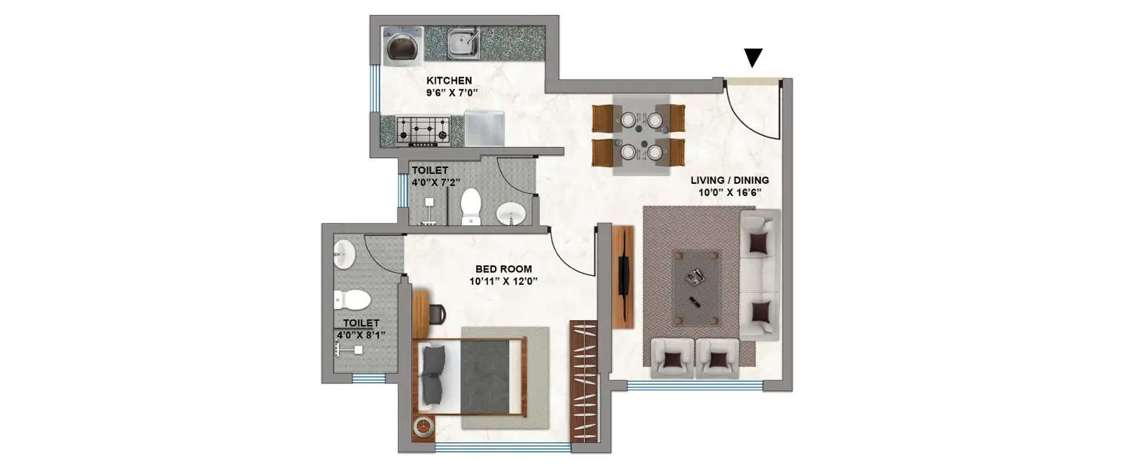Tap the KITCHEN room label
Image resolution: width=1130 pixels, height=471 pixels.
449,81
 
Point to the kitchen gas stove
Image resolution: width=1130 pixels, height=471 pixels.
423,130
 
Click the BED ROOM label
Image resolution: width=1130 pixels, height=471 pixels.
503,269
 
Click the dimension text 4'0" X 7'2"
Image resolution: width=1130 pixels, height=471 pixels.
429,182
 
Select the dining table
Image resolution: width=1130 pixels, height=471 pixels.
640,136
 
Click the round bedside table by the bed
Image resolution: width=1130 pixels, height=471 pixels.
423,427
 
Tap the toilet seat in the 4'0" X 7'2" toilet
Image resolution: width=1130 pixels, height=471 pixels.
471,206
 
